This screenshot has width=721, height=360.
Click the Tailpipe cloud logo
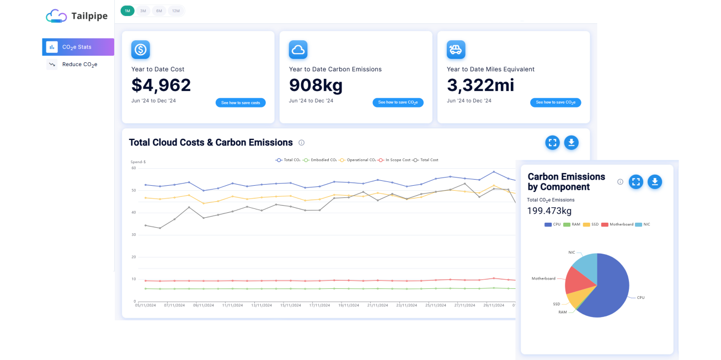click(x=56, y=16)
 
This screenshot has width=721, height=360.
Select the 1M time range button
click(x=127, y=11)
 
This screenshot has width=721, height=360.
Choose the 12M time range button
click(x=176, y=11)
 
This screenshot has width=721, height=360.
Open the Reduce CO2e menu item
click(x=79, y=65)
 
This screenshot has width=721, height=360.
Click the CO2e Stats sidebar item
click(x=77, y=47)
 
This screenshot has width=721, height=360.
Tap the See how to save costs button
click(x=241, y=103)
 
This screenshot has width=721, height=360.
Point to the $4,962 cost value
click(x=161, y=85)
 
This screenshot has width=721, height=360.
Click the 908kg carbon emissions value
click(x=316, y=85)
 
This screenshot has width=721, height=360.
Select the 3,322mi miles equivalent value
click(x=480, y=85)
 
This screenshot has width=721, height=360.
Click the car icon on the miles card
click(x=456, y=50)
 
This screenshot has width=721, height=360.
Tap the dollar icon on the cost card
click(x=141, y=50)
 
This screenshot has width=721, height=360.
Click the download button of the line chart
click(x=572, y=143)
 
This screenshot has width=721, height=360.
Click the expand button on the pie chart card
click(x=636, y=182)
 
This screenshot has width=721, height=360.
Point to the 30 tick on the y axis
click(x=133, y=235)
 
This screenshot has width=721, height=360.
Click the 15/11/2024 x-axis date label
click(x=290, y=305)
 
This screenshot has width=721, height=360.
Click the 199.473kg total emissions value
click(x=549, y=211)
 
